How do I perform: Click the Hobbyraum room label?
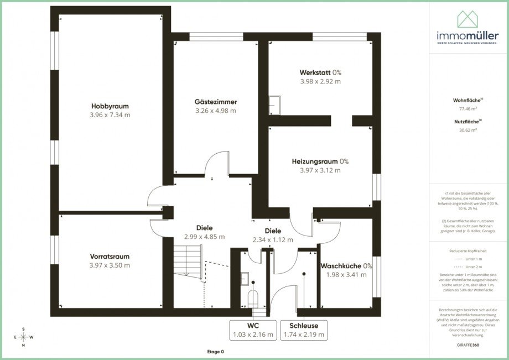[x=110, y=106]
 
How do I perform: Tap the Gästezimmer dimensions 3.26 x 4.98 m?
[x=215, y=111]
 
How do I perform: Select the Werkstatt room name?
[x=315, y=72]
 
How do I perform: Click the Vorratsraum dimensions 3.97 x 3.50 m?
[x=110, y=265]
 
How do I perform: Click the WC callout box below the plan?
[x=254, y=330]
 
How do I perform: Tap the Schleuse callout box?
[x=304, y=330]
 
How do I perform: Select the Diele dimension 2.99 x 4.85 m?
[x=204, y=237]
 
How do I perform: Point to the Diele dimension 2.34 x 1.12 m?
[x=273, y=240]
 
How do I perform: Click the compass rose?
[x=23, y=337]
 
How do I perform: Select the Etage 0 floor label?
[x=215, y=352]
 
